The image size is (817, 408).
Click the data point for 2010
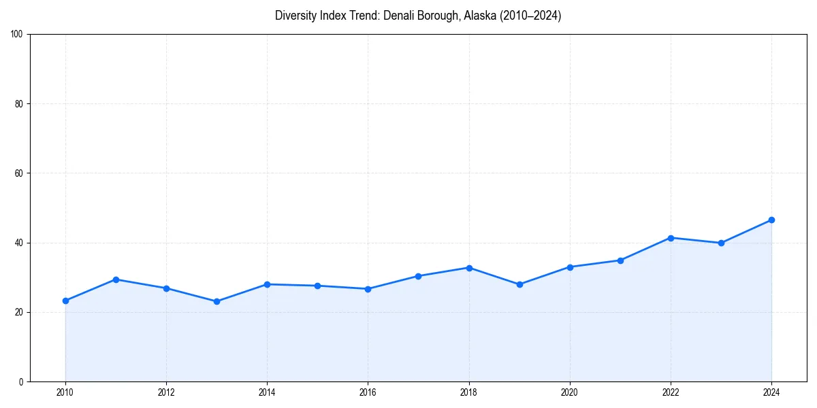click(65, 301)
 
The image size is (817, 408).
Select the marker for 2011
click(116, 279)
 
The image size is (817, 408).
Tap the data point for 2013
click(217, 301)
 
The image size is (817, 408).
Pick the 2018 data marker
click(469, 268)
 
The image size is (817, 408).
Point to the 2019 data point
click(519, 284)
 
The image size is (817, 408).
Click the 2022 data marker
click(671, 238)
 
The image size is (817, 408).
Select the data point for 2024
click(771, 220)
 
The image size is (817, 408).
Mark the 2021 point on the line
click(620, 260)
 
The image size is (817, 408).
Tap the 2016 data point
click(368, 289)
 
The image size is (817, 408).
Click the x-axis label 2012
click(166, 392)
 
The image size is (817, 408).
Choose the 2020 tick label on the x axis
click(570, 392)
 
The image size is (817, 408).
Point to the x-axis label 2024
click(771, 392)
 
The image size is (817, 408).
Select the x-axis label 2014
click(267, 392)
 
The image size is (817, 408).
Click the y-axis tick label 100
click(17, 34)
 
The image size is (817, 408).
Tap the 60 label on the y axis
click(19, 173)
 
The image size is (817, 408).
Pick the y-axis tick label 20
click(19, 312)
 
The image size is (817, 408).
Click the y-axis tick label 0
click(21, 381)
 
